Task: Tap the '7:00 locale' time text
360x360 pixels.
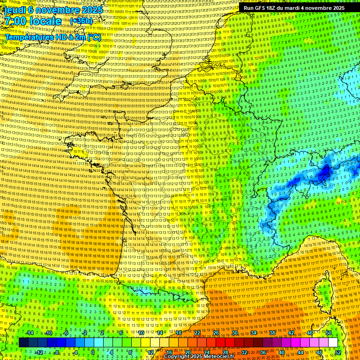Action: click(x=33, y=21)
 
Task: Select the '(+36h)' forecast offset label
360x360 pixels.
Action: click(x=81, y=21)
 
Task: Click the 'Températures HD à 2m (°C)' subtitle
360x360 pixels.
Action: click(x=52, y=37)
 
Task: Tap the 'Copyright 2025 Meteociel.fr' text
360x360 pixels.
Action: click(x=199, y=356)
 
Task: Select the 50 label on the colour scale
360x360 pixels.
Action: click(x=329, y=333)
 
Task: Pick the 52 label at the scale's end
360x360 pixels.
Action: click(x=337, y=352)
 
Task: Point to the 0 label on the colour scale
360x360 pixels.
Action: click(x=93, y=352)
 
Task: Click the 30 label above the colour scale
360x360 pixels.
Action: click(x=235, y=333)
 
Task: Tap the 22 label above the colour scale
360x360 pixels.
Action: click(x=197, y=333)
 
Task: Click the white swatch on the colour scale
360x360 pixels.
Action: click(x=333, y=343)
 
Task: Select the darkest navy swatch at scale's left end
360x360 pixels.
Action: click(x=23, y=343)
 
